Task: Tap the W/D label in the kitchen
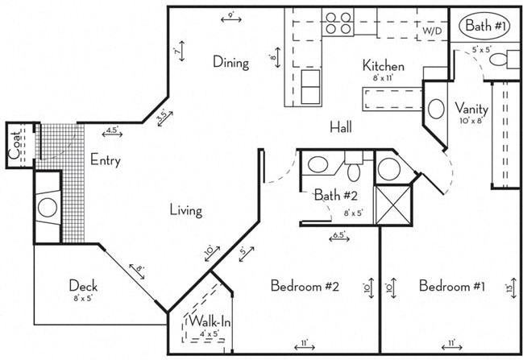coord(432,31)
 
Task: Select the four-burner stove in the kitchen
coord(338,23)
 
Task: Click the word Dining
coord(230,61)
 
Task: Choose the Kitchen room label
coord(383,66)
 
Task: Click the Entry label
coord(106,160)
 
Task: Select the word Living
coord(185,211)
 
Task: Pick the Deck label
coord(83,286)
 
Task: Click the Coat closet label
coord(15,147)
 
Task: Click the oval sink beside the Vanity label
coord(435,110)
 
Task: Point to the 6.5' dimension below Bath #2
coord(340,236)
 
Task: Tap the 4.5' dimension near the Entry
coord(112,130)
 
